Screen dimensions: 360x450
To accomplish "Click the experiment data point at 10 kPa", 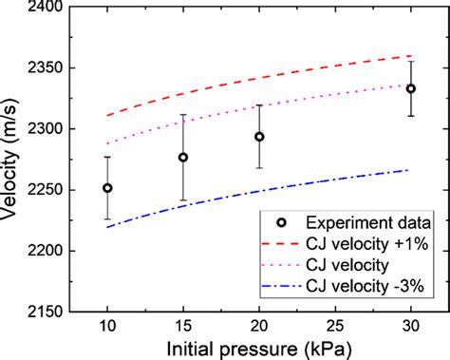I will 107,188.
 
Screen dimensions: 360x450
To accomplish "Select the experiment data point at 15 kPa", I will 183,158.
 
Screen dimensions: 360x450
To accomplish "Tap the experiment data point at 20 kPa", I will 259,137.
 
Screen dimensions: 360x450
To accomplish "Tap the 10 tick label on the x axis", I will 107,328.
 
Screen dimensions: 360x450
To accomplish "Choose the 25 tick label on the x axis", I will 334,328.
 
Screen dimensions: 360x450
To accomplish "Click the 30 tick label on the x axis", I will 410,328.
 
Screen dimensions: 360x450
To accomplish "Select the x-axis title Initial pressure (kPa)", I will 258,349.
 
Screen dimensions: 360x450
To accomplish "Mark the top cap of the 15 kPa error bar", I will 183,115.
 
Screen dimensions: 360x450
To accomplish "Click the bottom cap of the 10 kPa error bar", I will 107,219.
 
